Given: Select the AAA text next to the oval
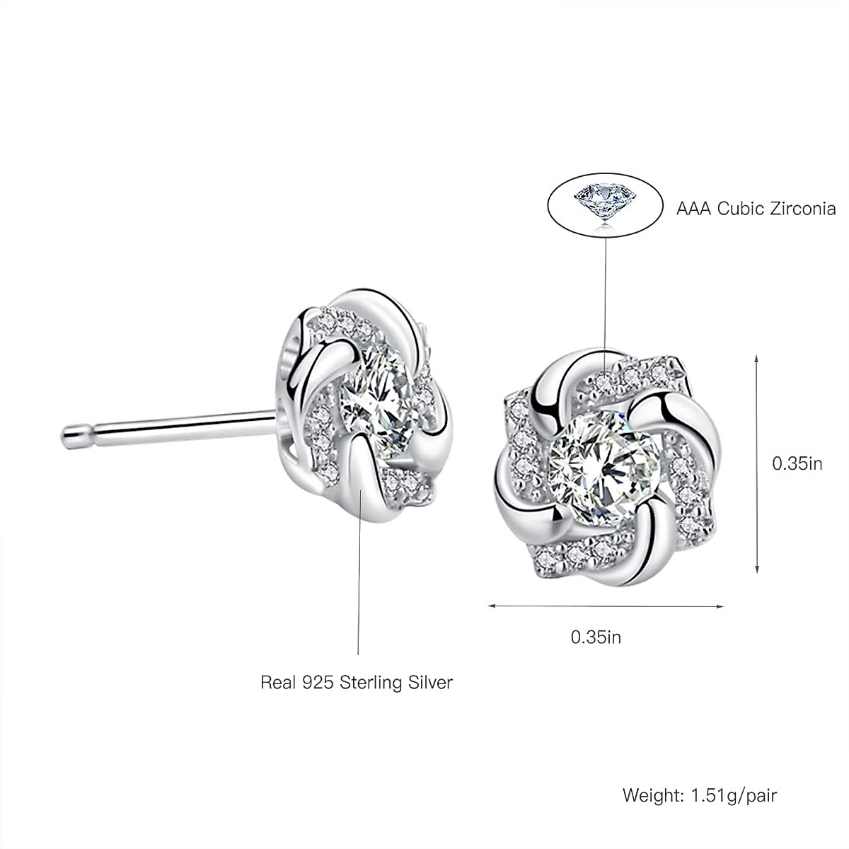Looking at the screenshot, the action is coord(693,209).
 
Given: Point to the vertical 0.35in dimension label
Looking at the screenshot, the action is coord(797,463).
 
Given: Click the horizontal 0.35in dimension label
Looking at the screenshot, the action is coord(596,637).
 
